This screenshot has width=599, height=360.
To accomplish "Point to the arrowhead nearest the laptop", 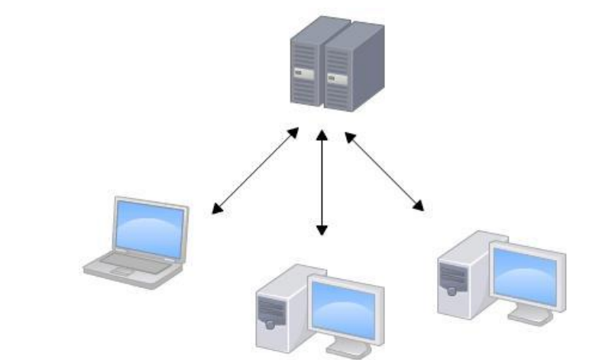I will pos(218,209).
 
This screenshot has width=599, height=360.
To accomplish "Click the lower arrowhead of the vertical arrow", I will pos(322,229).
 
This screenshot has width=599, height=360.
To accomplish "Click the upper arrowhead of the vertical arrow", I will pos(322,135).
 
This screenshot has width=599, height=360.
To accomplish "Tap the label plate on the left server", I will pos(303,74).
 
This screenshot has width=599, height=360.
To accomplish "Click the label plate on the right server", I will pos(335,78).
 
